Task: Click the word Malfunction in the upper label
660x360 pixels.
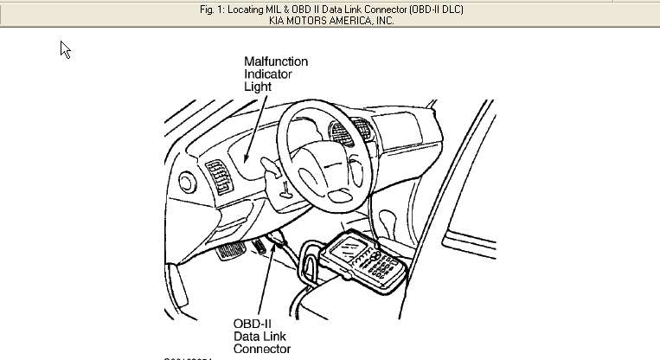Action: (276, 62)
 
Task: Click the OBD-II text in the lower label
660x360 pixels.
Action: (253, 324)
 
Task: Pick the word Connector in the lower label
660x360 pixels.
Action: (262, 350)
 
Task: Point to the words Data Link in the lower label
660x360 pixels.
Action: (260, 337)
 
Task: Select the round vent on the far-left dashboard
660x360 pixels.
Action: (186, 182)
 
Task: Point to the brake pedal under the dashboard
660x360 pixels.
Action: (230, 254)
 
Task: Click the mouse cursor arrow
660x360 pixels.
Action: (65, 49)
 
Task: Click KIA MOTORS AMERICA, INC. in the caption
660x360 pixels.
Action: (330, 21)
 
